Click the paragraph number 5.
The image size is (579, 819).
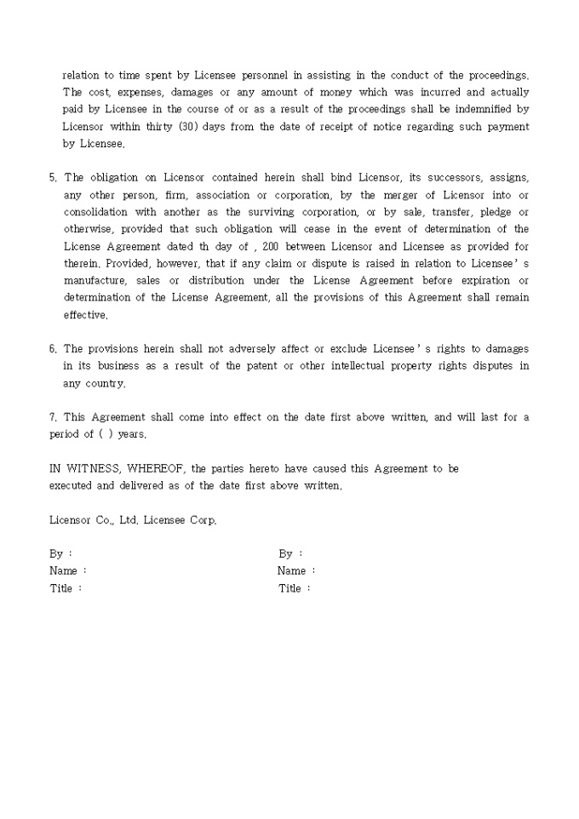(53, 177)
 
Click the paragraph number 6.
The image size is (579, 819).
(53, 348)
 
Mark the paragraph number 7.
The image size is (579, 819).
(53, 417)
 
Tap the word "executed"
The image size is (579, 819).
(71, 485)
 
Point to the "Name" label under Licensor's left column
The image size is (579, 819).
(64, 571)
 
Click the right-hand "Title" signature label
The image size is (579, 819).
(290, 588)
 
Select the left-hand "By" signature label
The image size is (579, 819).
(56, 553)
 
